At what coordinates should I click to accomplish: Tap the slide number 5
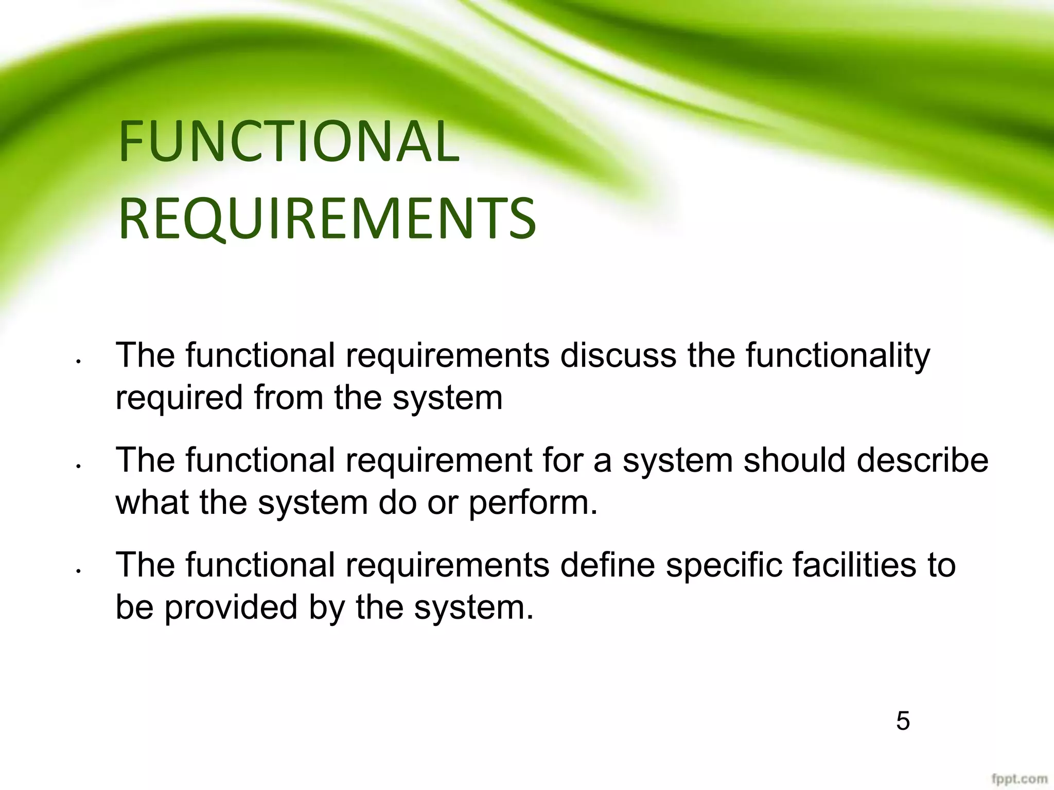click(903, 721)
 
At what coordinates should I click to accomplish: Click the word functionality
click(838, 356)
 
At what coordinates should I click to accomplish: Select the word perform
click(533, 503)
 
